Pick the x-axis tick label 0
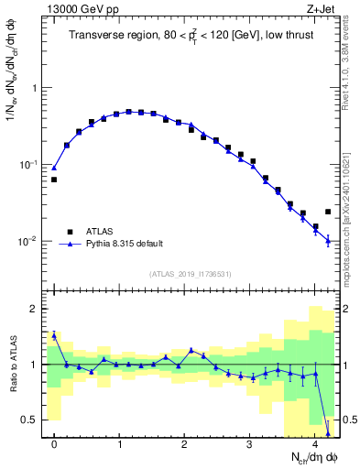coord(54,444)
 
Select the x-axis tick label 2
coord(184,444)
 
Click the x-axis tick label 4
coord(314,444)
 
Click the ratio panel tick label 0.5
coord(30,420)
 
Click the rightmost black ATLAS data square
coord(328,212)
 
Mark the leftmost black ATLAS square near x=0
coord(54,180)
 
